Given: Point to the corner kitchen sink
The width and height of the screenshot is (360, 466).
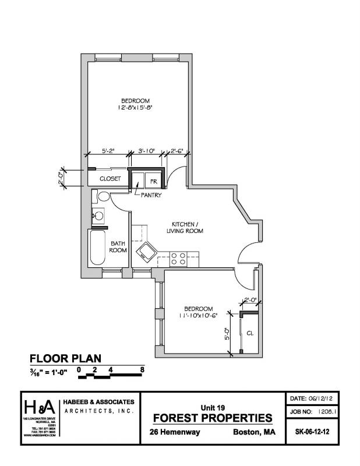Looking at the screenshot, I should [144, 253].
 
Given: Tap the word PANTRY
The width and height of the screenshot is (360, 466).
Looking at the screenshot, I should [150, 195].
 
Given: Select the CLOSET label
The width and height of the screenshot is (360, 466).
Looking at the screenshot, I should [110, 179].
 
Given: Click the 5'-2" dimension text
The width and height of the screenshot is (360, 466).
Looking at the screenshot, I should [108, 151].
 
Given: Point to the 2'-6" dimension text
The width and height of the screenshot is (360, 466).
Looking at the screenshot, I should [177, 151].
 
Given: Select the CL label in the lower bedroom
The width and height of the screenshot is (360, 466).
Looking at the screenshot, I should [249, 334].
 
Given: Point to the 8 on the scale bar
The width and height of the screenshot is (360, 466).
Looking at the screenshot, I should [142, 369].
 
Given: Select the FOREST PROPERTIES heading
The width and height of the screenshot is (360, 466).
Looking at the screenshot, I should [212, 418].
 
